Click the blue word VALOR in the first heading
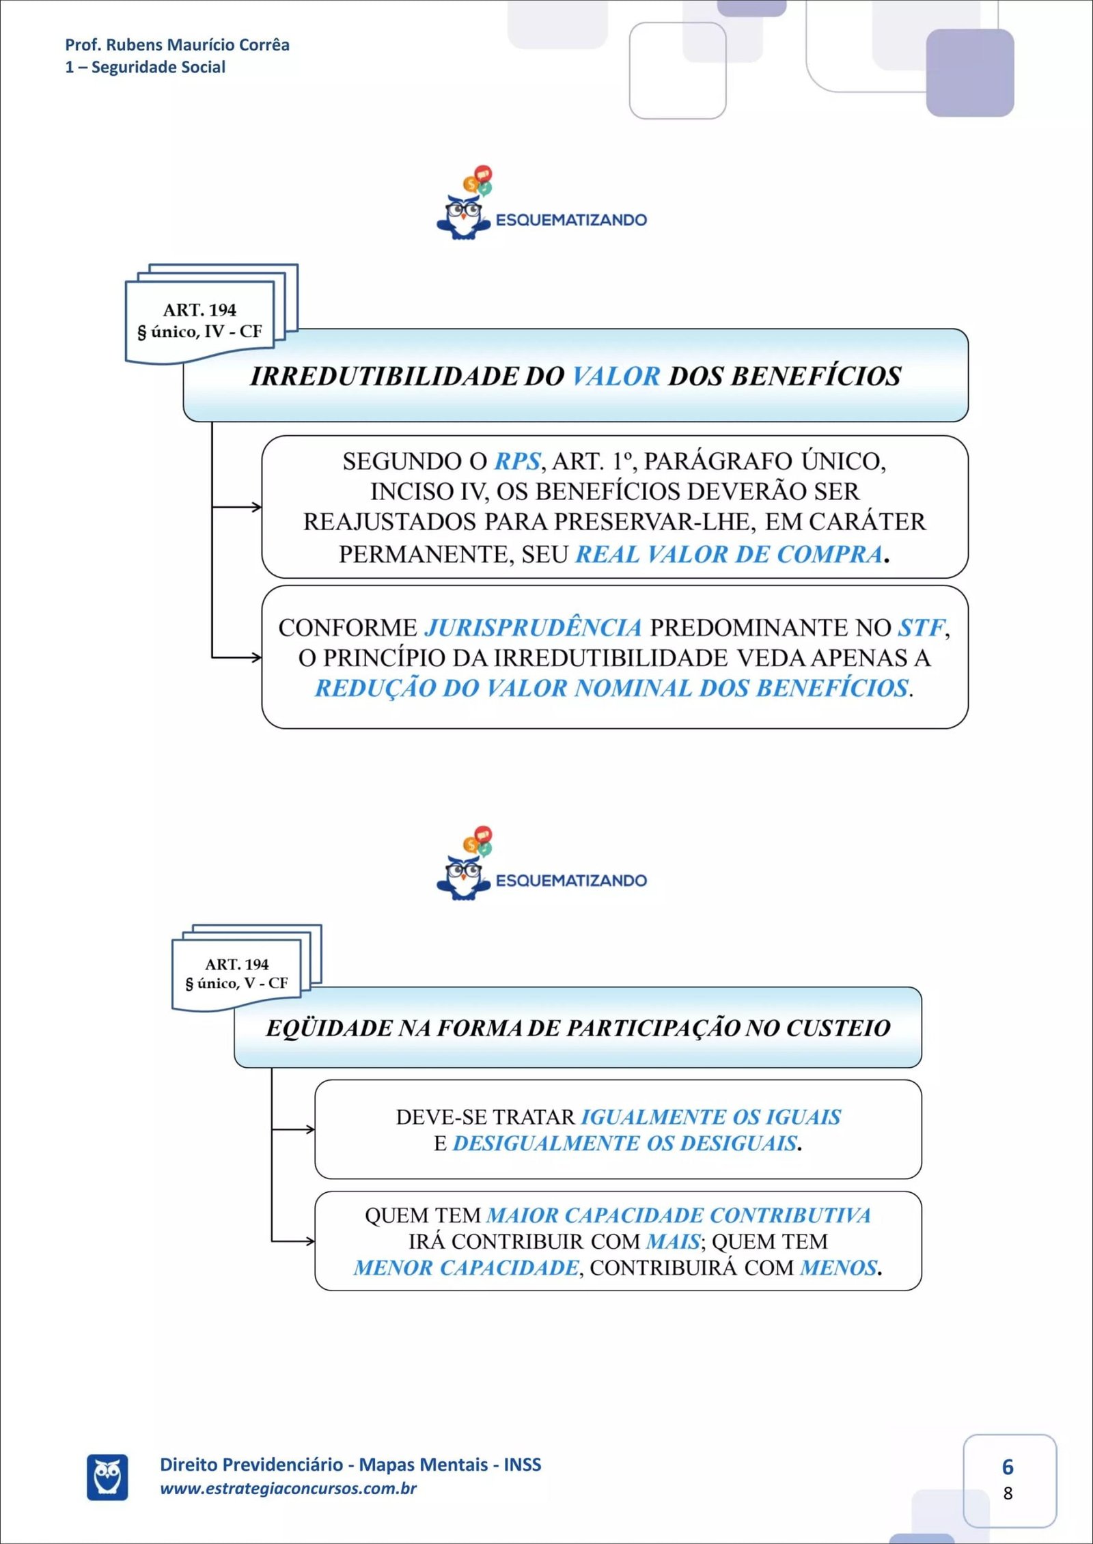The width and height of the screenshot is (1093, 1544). [615, 376]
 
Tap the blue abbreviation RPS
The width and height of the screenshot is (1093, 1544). [517, 462]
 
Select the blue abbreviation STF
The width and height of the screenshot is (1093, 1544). [922, 627]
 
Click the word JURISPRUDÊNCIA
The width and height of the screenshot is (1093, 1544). [534, 627]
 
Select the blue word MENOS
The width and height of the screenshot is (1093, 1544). [838, 1268]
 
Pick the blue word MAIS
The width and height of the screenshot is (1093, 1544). [673, 1241]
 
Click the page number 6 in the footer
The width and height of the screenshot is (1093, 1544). [1008, 1467]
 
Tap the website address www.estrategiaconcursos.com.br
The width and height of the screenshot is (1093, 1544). [288, 1489]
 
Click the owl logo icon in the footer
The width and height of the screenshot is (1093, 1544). [107, 1477]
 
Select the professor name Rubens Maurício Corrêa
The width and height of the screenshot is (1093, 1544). [197, 45]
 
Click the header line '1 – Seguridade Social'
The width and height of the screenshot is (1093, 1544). [146, 67]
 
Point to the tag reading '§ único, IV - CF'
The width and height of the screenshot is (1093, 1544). [199, 332]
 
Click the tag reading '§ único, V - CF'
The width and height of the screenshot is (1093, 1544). [236, 983]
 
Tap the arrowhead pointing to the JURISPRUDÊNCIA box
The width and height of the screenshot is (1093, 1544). [257, 658]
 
